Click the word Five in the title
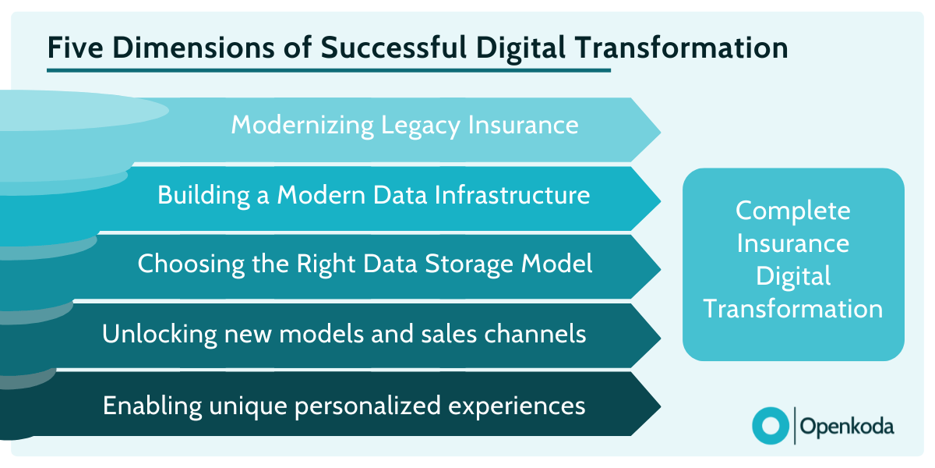click(x=76, y=48)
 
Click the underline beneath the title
click(x=328, y=70)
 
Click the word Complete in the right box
click(x=793, y=211)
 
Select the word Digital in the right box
click(x=793, y=276)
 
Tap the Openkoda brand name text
click(x=848, y=426)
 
